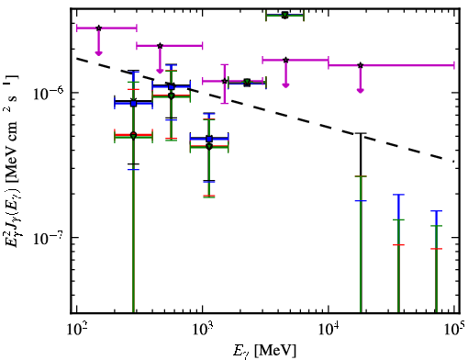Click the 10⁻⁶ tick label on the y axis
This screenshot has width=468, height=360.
click(x=49, y=93)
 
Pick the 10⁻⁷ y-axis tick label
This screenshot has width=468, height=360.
click(x=49, y=238)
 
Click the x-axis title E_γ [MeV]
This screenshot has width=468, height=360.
click(x=265, y=351)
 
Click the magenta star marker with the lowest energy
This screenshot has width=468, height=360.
click(x=98, y=28)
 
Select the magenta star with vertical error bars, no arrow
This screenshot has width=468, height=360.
click(x=225, y=81)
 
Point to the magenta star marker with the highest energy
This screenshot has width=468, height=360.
click(x=361, y=65)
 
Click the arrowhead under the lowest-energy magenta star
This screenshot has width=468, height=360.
click(x=98, y=53)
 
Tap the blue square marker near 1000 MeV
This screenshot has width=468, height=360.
click(x=209, y=139)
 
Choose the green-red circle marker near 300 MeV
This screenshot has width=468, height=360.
click(x=133, y=135)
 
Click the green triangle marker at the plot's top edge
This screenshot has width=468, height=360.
click(x=284, y=15)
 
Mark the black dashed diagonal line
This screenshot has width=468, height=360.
click(x=265, y=110)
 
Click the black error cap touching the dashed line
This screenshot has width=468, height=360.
click(x=361, y=133)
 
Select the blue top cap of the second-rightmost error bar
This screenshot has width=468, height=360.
click(x=398, y=195)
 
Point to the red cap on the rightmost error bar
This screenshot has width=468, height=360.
click(x=436, y=249)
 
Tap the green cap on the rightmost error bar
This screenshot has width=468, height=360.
click(x=436, y=226)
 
